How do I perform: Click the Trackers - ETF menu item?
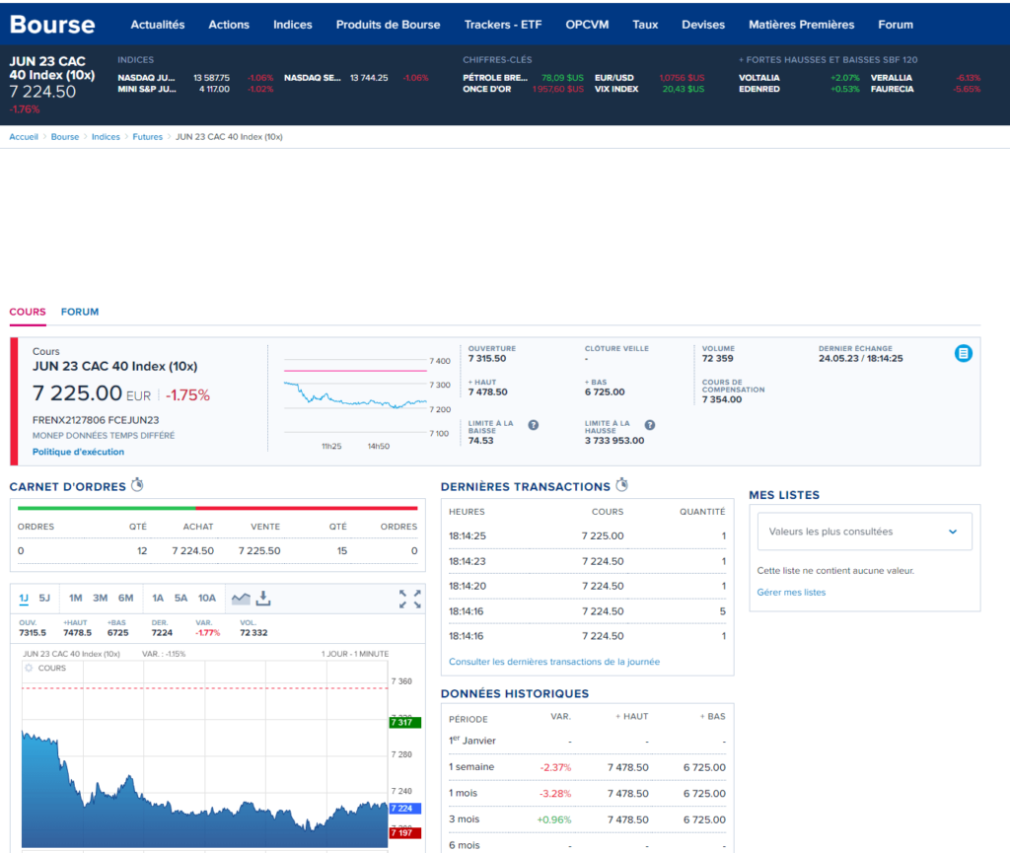503,25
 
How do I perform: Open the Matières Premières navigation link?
801,25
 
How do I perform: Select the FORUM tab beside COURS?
80,312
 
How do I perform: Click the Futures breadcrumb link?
148,137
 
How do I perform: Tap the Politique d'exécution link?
79,452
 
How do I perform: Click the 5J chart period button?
44,598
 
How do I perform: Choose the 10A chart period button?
206,598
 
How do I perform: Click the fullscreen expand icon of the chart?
410,599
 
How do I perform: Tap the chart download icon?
263,599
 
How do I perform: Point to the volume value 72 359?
718,359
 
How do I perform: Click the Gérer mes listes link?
791,593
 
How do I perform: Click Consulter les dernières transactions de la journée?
554,662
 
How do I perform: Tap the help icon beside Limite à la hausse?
650,425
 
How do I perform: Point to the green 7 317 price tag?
404,723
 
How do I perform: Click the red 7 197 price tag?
404,832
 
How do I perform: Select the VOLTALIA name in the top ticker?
759,77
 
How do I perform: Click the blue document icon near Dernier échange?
964,353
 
